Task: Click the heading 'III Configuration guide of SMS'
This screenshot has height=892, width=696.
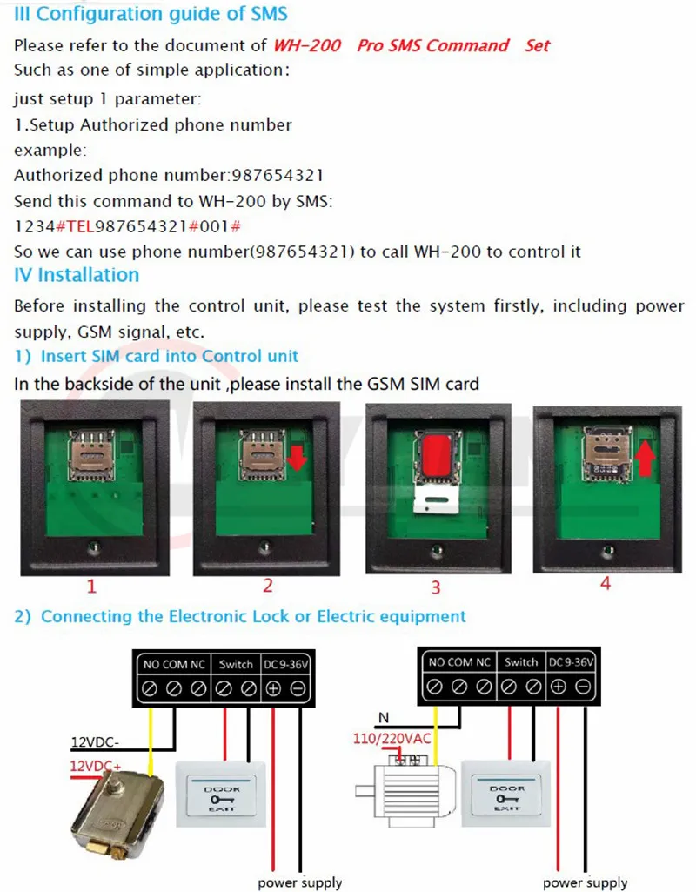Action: [x=151, y=14]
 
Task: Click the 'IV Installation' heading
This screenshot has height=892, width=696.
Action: [x=77, y=275]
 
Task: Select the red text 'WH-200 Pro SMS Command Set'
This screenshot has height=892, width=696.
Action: [x=412, y=45]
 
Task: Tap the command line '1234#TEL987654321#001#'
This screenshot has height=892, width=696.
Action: [x=127, y=226]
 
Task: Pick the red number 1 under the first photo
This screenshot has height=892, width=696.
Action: [x=91, y=586]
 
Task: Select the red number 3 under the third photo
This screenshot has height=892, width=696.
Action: [x=436, y=587]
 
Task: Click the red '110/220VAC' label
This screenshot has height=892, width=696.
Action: [x=393, y=740]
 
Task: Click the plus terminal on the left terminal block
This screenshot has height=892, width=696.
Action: [x=273, y=688]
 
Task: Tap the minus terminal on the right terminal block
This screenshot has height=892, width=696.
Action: [x=583, y=687]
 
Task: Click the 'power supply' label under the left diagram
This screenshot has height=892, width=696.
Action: [x=300, y=882]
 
